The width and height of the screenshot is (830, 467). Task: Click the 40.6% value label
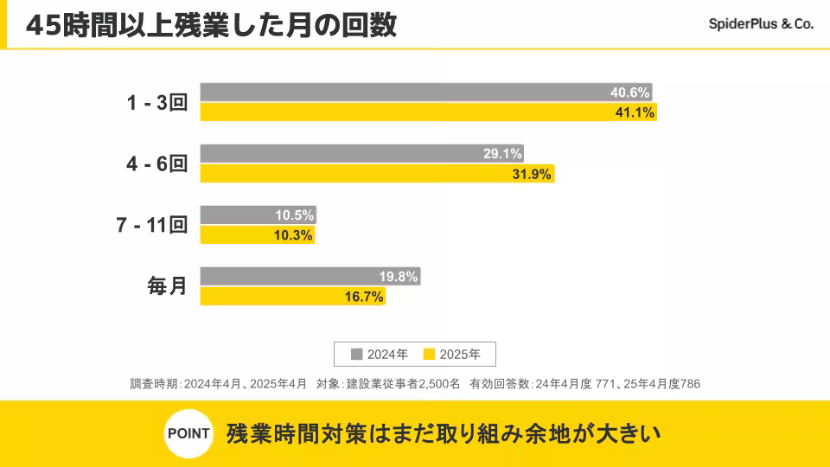click(629, 93)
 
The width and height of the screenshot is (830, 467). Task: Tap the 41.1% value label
click(635, 112)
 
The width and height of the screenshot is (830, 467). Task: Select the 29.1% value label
click(502, 154)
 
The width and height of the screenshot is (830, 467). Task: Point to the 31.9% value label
click(532, 174)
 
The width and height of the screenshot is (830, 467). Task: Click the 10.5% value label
click(294, 215)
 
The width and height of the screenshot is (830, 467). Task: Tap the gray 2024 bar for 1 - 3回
click(398, 93)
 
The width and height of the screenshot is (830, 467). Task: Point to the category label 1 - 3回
click(157, 103)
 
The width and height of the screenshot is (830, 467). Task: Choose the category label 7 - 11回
click(151, 226)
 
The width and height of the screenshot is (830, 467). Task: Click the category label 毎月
click(167, 286)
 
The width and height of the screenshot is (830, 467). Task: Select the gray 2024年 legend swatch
click(356, 354)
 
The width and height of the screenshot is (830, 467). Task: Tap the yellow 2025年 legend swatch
click(429, 354)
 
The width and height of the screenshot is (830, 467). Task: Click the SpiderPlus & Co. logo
click(761, 25)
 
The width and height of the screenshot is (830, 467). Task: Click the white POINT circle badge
click(188, 433)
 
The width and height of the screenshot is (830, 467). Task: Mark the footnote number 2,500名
click(438, 383)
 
